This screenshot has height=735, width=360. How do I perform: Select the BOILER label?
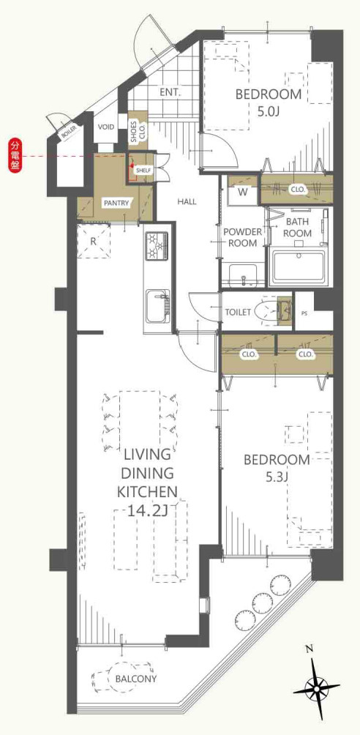point(67,133)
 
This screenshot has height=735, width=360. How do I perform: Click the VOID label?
point(106,127)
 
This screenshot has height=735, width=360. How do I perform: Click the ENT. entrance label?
point(170,92)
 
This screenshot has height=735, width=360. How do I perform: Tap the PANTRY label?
point(116,203)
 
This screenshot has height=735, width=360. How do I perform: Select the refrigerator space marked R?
point(93,241)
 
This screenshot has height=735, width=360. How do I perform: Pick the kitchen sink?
point(158,306)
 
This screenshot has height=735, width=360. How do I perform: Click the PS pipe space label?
point(305,312)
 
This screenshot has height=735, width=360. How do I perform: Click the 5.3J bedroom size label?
point(277,478)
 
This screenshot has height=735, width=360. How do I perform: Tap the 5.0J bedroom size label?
point(269,113)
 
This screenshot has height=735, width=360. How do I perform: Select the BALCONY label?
point(136,679)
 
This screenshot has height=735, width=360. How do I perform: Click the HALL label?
point(187,202)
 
